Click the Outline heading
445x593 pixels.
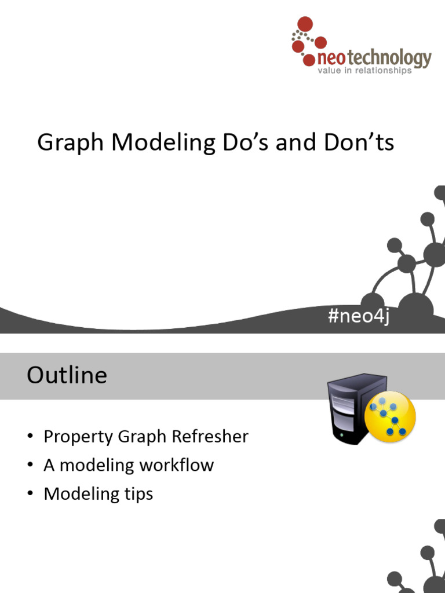(67, 375)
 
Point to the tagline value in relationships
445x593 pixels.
(364, 71)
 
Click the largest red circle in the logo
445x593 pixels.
(304, 24)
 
